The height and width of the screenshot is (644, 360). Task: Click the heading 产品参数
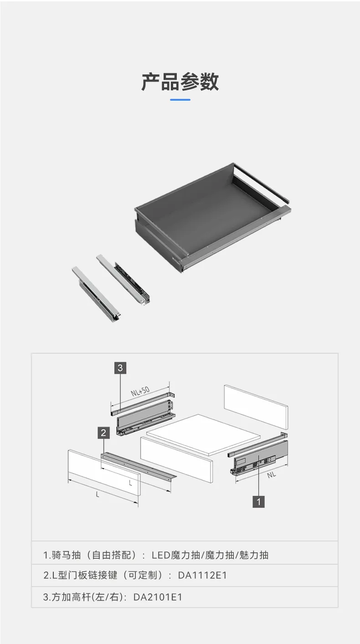coord(180,82)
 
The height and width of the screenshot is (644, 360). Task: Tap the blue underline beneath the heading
coord(180,100)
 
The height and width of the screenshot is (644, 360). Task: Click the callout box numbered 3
coord(120,368)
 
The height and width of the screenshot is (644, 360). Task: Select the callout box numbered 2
coord(103,433)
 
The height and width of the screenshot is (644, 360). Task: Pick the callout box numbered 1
coord(258,502)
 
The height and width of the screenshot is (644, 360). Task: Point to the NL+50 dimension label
coord(140,392)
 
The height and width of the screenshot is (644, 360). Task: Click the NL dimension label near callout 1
coord(272,475)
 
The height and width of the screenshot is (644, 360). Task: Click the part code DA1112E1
coord(202,575)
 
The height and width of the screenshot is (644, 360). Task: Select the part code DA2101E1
coord(158,597)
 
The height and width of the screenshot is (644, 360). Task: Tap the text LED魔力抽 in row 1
coord(176,555)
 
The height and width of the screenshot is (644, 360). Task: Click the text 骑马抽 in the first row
coord(66,555)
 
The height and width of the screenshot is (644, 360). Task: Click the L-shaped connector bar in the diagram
coord(139,467)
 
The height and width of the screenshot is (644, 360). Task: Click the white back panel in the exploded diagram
coord(256,407)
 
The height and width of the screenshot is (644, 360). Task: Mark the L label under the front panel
coord(98,495)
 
